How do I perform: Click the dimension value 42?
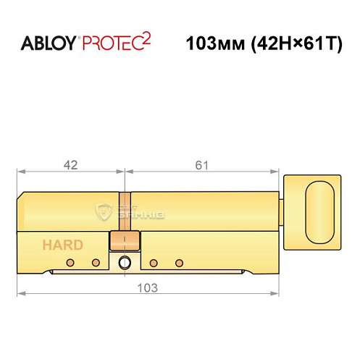click(70, 165)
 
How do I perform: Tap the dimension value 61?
click(201, 165)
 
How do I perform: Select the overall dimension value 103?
click(147, 287)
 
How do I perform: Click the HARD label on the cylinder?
click(62, 245)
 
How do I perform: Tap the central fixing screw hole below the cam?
click(125, 263)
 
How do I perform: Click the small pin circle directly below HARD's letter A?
click(70, 263)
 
